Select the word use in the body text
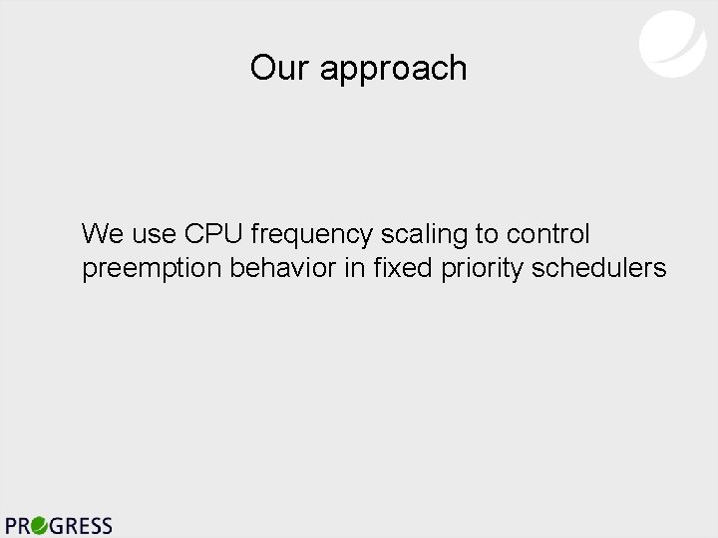[x=155, y=236]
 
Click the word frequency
[x=313, y=236]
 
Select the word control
[x=548, y=234]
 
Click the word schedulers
[x=599, y=269]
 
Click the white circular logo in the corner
[x=672, y=43]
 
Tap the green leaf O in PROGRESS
[x=39, y=525]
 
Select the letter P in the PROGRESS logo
[x=13, y=525]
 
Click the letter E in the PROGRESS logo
[x=83, y=525]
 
